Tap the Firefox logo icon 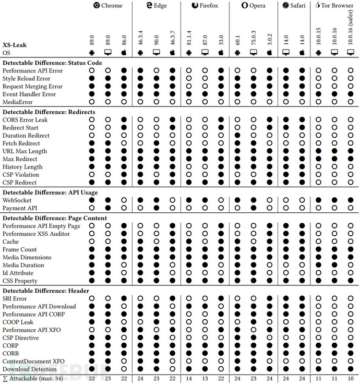[x=195, y=6]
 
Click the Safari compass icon [x=286, y=6]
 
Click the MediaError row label [x=18, y=102]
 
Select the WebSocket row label [x=17, y=199]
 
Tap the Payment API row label [x=20, y=207]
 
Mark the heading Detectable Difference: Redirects [x=49, y=112]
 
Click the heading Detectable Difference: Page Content [x=55, y=217]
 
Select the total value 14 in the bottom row [x=189, y=379]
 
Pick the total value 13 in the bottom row [x=205, y=379]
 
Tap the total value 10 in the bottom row [x=351, y=379]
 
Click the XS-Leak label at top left [x=15, y=45]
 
